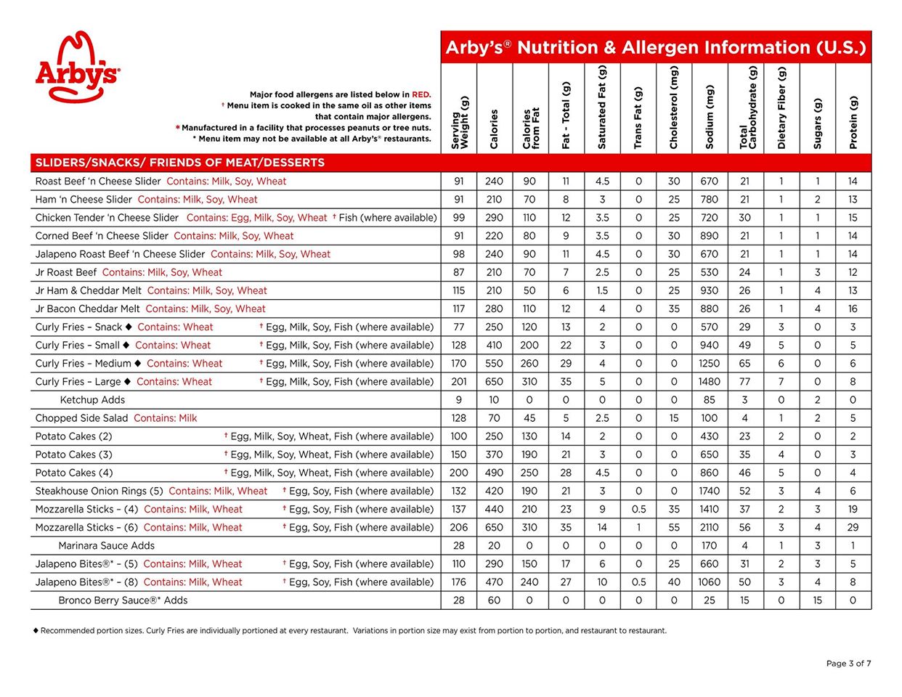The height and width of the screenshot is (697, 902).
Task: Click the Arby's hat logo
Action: [x=77, y=67]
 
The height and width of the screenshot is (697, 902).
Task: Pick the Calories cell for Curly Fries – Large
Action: [x=494, y=381]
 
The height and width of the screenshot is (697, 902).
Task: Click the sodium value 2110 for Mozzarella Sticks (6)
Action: [x=709, y=527]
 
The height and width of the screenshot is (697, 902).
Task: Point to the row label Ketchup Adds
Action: [x=92, y=399]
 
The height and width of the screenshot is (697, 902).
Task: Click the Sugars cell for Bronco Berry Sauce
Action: [x=818, y=600]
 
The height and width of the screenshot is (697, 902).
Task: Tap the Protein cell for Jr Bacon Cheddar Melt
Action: [x=853, y=309]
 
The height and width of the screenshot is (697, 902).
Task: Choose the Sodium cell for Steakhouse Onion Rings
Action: [x=709, y=491]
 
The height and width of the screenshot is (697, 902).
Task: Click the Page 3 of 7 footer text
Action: [x=848, y=663]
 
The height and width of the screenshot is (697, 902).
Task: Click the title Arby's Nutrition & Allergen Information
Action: [x=655, y=48]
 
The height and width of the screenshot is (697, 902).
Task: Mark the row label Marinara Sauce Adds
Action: [x=106, y=545]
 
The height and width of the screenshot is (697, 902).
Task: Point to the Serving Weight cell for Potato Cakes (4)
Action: [x=459, y=473]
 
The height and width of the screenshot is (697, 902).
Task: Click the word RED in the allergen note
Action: [x=421, y=94]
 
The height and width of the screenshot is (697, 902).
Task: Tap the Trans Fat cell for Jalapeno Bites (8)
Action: [x=638, y=582]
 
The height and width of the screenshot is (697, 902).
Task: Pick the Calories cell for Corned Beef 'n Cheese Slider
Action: [x=494, y=236]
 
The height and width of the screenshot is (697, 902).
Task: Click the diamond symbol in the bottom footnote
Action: [x=36, y=630]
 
